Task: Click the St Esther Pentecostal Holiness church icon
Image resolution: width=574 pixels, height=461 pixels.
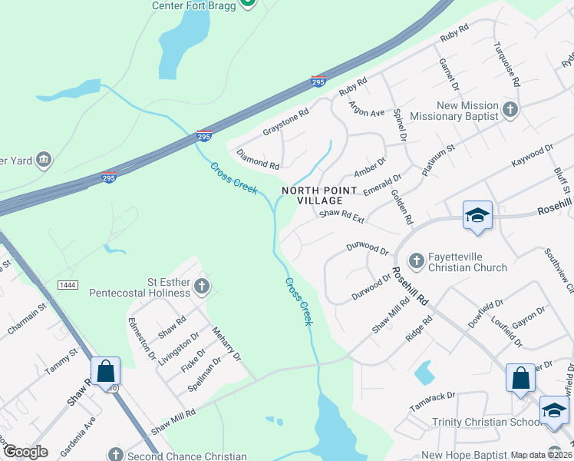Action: coord(202,287)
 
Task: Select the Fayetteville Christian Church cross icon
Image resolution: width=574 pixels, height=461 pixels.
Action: coord(417,261)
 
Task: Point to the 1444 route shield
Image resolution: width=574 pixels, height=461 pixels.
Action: coord(68,285)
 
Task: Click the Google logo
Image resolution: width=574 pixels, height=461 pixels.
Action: coord(25,452)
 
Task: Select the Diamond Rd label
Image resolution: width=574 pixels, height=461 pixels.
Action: coord(258,159)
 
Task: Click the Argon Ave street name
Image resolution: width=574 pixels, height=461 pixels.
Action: coord(365,109)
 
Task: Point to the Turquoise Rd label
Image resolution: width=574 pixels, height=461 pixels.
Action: coord(507,64)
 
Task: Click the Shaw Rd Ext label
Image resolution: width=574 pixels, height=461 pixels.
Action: coord(341,216)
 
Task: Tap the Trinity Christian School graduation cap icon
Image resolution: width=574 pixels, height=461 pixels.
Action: coord(554,409)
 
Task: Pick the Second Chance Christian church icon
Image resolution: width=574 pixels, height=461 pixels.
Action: coord(115,455)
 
